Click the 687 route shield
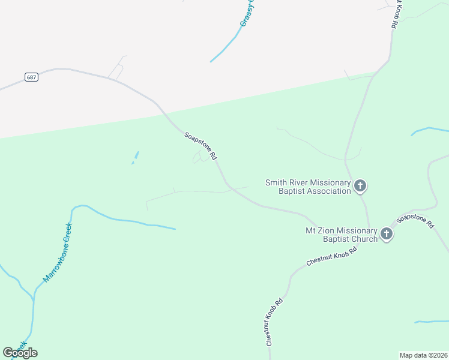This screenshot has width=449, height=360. (32, 77)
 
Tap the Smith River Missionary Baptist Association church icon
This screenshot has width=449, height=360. (360, 185)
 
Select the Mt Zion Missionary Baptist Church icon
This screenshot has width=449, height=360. (387, 233)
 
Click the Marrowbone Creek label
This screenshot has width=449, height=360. (58, 253)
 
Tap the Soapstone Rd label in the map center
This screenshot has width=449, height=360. (200, 146)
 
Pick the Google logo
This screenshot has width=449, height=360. (20, 352)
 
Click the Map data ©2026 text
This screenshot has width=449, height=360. (423, 355)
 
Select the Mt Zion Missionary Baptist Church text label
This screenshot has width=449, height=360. (342, 235)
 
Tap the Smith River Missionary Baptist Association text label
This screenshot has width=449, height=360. (309, 187)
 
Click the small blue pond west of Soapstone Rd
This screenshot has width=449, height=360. (135, 157)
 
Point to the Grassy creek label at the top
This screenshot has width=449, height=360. (247, 13)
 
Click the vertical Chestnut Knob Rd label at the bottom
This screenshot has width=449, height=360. (271, 322)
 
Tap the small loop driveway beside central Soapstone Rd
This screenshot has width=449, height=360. (202, 157)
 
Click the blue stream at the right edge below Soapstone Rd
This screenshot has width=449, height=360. (431, 322)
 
